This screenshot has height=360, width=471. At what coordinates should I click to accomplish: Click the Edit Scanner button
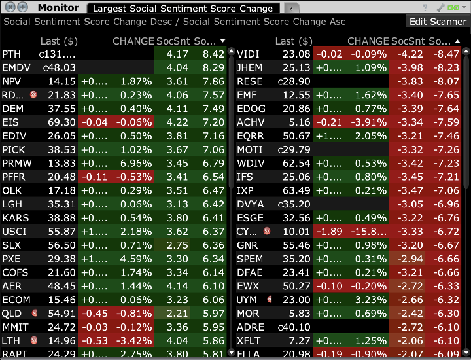coord(438,22)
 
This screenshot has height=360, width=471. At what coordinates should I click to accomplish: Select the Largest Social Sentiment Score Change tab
coord(183,9)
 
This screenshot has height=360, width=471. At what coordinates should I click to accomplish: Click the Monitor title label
coord(58,9)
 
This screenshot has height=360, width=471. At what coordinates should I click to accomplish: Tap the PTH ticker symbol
coord(12,54)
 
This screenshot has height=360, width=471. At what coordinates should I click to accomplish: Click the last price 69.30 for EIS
coord(61,122)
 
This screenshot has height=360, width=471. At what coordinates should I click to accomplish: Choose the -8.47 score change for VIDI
coord(449,54)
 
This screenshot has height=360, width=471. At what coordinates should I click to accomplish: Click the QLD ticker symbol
coord(12,314)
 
